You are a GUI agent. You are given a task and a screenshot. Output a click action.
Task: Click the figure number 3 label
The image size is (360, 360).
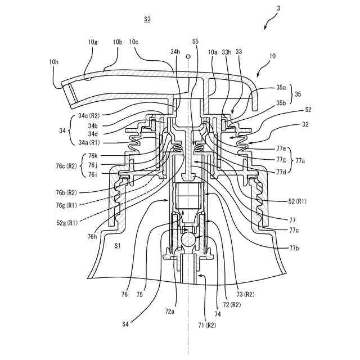[277, 8]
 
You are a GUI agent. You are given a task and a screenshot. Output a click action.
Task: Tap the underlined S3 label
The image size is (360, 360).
[147, 19]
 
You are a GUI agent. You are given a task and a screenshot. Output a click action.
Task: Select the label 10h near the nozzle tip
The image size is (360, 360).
[54, 62]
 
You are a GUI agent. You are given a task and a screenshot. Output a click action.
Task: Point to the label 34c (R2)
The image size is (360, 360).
[92, 116]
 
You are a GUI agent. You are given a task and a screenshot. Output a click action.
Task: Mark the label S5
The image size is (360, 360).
[195, 42]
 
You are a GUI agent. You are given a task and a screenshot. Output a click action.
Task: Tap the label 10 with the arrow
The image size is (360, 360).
[272, 56]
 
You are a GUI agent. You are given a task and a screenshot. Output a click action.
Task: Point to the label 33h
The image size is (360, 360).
[227, 52]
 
